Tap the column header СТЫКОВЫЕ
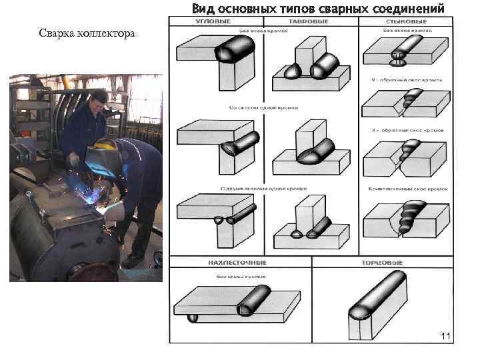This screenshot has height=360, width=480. tap(406, 22)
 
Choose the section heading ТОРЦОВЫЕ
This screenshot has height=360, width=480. tap(382, 263)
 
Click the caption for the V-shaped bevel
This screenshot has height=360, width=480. tap(405, 80)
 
